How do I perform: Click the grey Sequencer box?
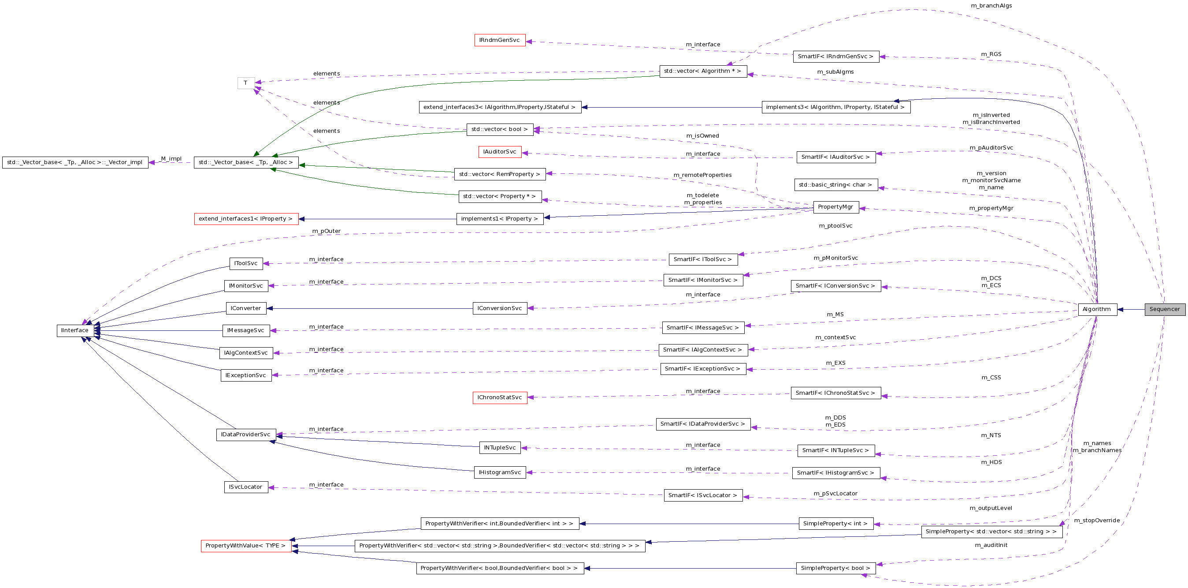point(1165,309)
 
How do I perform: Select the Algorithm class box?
point(1097,309)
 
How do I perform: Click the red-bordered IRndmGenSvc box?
point(499,40)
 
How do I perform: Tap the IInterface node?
point(75,330)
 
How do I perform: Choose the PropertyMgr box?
point(835,207)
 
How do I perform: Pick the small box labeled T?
point(246,83)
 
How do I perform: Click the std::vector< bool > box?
point(499,129)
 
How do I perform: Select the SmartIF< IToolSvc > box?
point(702,259)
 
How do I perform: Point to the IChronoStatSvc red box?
point(499,397)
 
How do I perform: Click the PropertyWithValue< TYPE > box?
point(246,546)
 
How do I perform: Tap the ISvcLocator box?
point(246,487)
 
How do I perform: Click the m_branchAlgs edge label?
point(991,6)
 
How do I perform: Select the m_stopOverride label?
point(1097,521)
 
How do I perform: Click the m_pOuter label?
point(326,231)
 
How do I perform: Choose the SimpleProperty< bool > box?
point(835,568)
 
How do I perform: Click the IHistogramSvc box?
point(499,472)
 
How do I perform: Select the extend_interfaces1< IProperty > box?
point(246,219)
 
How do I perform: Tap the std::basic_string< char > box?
point(835,185)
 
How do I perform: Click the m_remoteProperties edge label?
point(702,175)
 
